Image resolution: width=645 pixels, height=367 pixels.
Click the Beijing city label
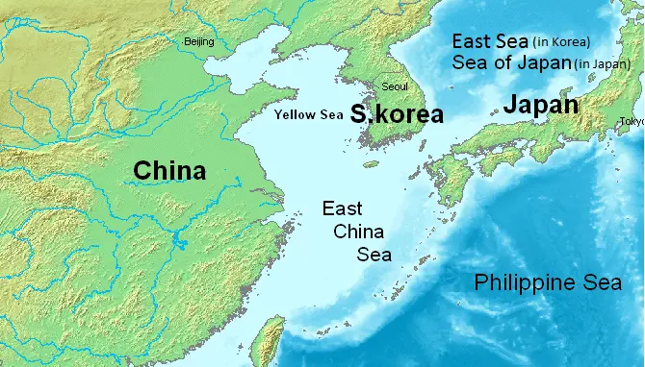[199, 41]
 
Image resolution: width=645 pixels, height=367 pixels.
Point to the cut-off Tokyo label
[632, 121]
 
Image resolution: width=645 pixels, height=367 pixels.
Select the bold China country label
[169, 171]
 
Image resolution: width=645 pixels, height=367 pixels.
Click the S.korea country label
[397, 114]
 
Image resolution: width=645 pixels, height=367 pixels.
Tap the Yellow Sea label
[308, 115]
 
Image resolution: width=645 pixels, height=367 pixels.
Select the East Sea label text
[491, 41]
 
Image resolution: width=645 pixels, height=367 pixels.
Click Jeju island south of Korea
[370, 163]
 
